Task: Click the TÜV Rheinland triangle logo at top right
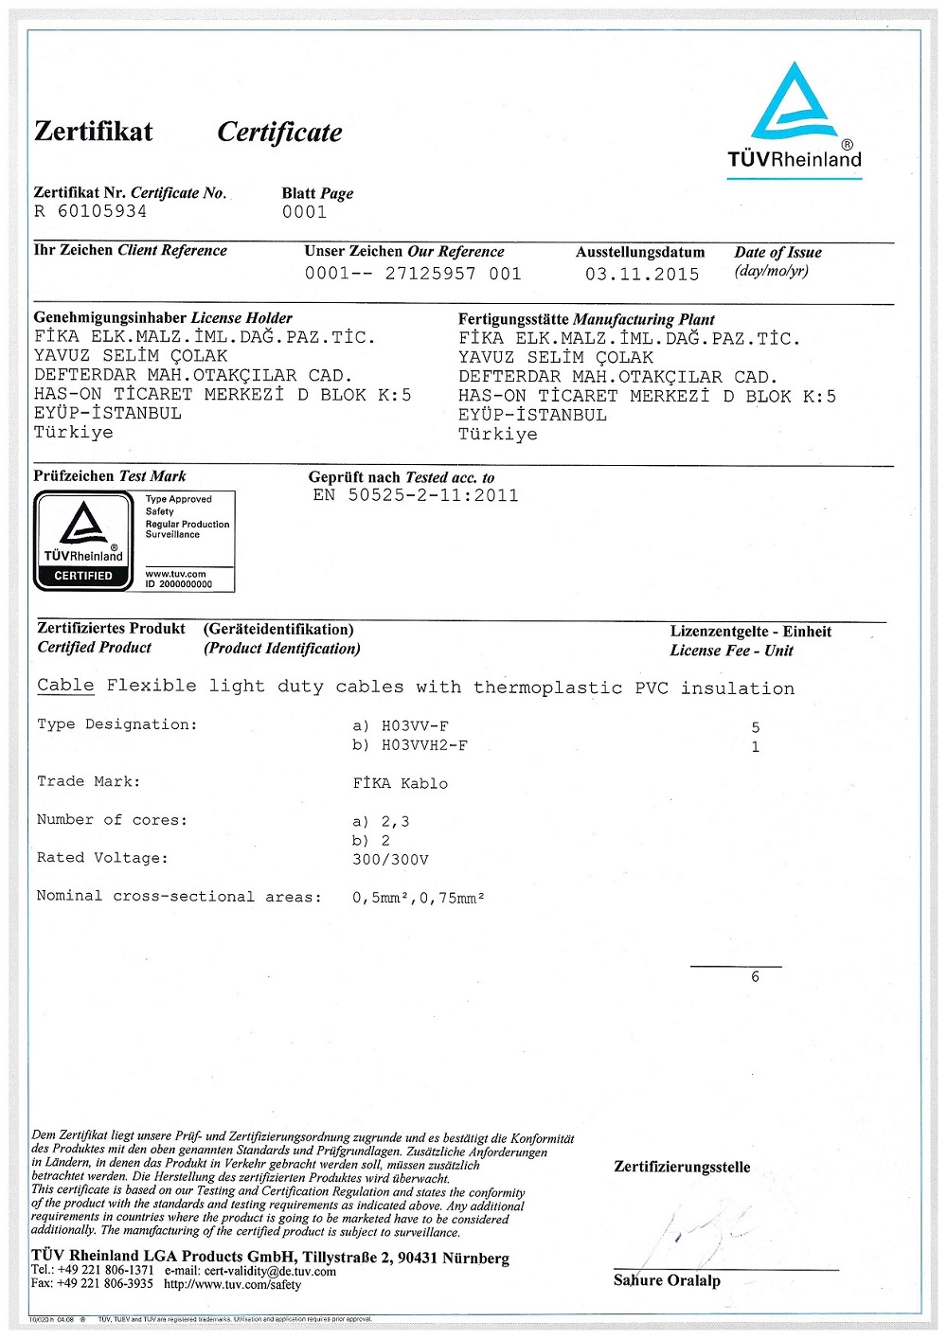(794, 104)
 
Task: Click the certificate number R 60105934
(91, 211)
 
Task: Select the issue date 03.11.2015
(642, 275)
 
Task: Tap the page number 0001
(304, 212)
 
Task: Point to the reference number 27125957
(430, 274)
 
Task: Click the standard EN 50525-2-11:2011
(416, 495)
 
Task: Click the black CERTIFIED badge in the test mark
(83, 576)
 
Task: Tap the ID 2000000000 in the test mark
(179, 584)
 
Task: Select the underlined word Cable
(65, 686)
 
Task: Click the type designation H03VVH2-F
(424, 746)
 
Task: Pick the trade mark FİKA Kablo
(401, 784)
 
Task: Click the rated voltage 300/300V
(390, 860)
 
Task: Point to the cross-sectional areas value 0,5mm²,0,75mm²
(418, 898)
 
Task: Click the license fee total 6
(755, 977)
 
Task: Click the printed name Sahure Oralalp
(667, 1281)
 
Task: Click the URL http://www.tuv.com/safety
(232, 1285)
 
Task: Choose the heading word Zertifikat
(93, 131)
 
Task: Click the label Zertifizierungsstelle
(682, 1168)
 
